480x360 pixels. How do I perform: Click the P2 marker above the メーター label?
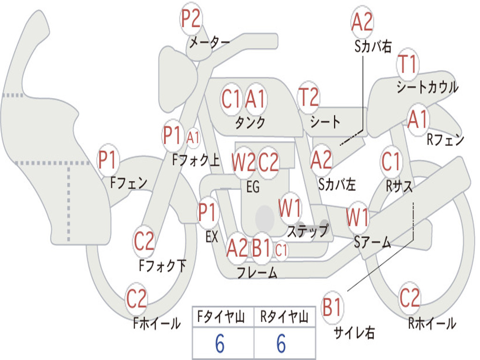[191, 18]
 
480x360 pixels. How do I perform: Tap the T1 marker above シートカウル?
[407, 64]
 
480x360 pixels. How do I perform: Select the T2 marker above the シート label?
[308, 97]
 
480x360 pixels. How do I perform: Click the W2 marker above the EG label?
[243, 162]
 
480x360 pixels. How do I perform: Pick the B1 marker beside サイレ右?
[332, 307]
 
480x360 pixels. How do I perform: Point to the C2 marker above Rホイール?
[410, 298]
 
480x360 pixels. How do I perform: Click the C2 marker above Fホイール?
[136, 299]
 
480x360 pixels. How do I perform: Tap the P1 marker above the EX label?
[208, 212]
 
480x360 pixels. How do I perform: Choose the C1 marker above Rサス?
[391, 162]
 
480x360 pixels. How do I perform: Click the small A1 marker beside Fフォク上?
[193, 137]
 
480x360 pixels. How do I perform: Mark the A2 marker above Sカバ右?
[362, 22]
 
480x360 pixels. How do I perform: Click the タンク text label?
[250, 122]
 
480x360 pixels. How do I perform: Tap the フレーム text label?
[257, 272]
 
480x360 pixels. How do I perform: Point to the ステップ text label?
[308, 231]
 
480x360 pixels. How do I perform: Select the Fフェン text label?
[128, 183]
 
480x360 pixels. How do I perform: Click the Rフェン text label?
[445, 140]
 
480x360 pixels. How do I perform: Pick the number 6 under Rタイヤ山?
[281, 344]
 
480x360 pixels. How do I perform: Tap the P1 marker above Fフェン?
[107, 159]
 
